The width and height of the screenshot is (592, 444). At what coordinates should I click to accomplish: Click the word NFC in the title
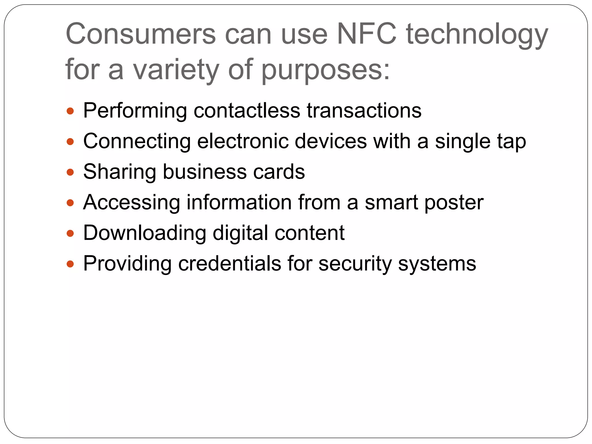367,34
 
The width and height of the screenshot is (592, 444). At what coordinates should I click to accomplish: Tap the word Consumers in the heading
141,34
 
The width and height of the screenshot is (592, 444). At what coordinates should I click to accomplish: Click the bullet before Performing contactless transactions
70,111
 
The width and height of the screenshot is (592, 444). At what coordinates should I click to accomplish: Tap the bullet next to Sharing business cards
70,172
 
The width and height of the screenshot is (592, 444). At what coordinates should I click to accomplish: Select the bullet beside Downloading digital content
70,233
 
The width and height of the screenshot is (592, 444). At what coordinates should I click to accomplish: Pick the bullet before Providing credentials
70,264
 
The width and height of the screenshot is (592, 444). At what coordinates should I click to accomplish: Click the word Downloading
145,233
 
